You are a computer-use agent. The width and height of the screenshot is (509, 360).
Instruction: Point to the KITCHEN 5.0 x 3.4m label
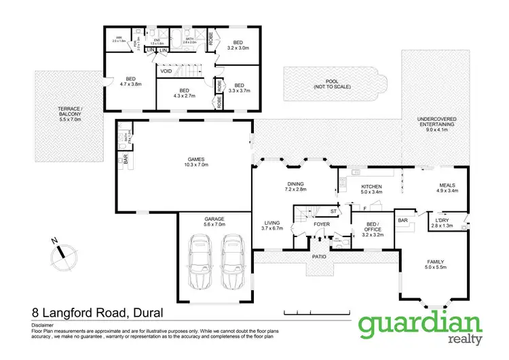(x=371, y=189)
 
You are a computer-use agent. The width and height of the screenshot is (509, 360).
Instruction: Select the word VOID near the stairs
(x=166, y=71)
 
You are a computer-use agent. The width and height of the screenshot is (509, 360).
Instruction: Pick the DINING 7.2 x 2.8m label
(x=295, y=188)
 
